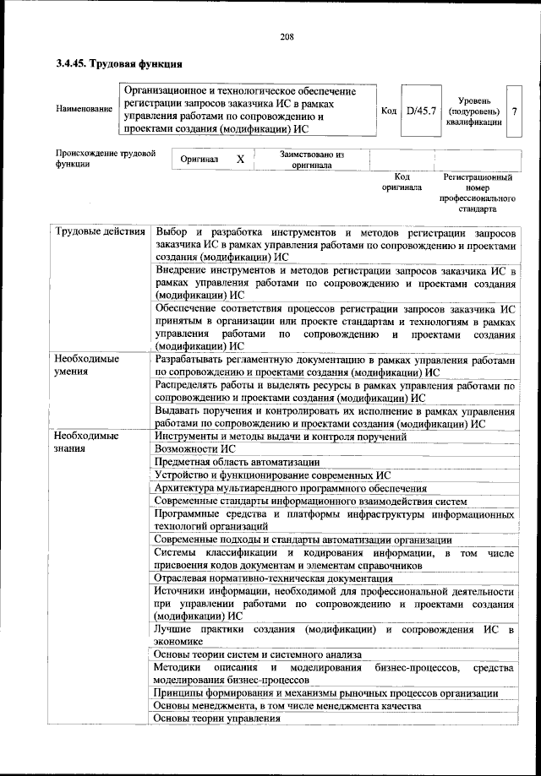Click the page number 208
pos(286,36)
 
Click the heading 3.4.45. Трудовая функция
pos(119,65)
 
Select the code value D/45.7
pos(419,110)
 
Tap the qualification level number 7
pos(514,111)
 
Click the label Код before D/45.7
pos(389,111)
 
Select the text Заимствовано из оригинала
pos(312,160)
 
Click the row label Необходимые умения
pos(85,366)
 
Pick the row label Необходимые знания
pos(85,442)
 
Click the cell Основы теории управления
pos(217,719)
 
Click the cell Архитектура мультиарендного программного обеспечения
pos(291,488)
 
